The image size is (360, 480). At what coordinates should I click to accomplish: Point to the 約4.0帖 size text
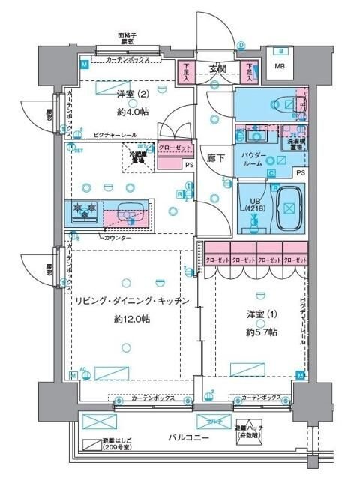pos(131,112)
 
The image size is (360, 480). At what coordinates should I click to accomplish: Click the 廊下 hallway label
pos(216,160)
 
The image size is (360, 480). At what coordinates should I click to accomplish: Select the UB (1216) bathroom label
pos(253,205)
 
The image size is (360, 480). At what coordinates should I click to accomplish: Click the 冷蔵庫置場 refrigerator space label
pos(133,157)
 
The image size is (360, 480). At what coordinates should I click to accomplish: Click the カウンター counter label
pos(117,237)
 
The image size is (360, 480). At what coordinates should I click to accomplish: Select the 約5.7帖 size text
pos(261,331)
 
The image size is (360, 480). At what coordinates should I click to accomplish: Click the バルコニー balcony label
pos(187,437)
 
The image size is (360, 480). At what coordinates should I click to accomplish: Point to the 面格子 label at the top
pos(132,35)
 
